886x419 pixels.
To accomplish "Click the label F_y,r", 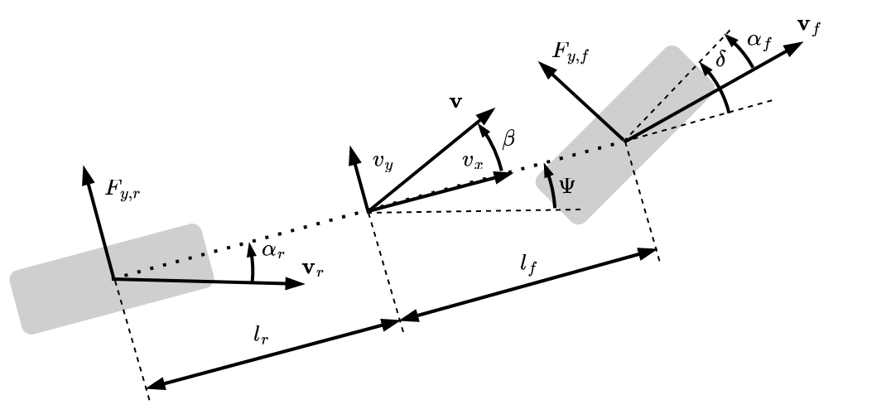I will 124,189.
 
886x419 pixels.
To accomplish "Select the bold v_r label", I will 313,268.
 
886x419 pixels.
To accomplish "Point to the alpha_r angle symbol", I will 274,251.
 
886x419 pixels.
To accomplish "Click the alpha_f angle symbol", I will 758,41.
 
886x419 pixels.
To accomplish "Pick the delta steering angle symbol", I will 720,61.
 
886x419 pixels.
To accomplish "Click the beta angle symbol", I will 508,139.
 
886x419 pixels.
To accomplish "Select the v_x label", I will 473,161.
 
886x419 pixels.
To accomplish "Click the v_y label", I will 383,161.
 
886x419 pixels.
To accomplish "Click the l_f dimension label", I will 528,266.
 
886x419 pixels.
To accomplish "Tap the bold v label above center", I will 455,102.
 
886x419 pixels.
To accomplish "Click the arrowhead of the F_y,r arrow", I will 86,171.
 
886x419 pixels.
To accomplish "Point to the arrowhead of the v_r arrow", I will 298,283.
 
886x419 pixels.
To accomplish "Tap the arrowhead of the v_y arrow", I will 354,153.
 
